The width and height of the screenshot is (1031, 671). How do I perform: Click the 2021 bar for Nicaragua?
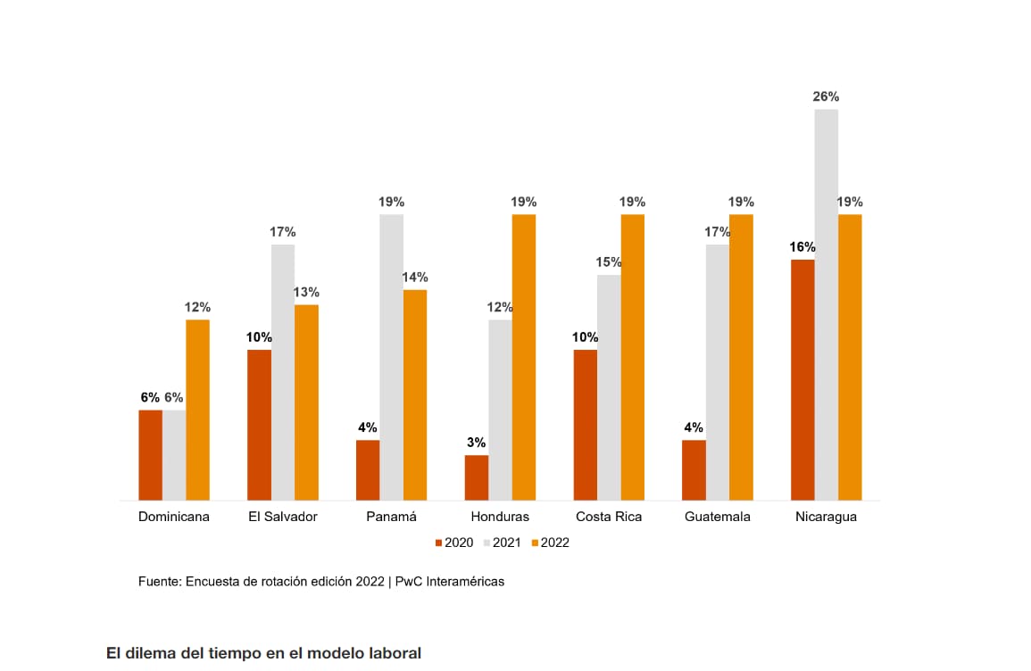(827, 304)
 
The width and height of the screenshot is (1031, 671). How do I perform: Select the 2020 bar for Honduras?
(477, 477)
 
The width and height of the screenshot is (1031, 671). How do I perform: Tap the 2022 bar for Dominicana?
(197, 410)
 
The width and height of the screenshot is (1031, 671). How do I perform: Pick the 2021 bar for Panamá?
(391, 357)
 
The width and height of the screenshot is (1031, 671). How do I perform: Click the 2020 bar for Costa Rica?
(586, 425)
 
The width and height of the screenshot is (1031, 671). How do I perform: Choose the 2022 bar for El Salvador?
(306, 402)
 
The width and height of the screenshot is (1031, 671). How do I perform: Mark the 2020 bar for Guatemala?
(694, 470)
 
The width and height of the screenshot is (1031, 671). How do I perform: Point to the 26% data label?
(826, 96)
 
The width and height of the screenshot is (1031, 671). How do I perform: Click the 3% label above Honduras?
(476, 443)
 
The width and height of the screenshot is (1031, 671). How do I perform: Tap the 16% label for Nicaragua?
(802, 247)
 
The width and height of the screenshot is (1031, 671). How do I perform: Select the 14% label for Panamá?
(414, 277)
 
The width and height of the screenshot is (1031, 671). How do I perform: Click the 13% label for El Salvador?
(306, 292)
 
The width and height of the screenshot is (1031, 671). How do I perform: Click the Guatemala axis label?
(718, 517)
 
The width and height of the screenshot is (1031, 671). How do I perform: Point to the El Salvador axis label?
(283, 517)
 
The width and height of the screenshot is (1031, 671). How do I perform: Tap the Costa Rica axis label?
(609, 517)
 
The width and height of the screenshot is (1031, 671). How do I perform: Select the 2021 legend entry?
(502, 543)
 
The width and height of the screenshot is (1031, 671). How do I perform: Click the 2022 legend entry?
(550, 543)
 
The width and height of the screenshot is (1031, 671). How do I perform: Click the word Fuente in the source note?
(159, 581)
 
